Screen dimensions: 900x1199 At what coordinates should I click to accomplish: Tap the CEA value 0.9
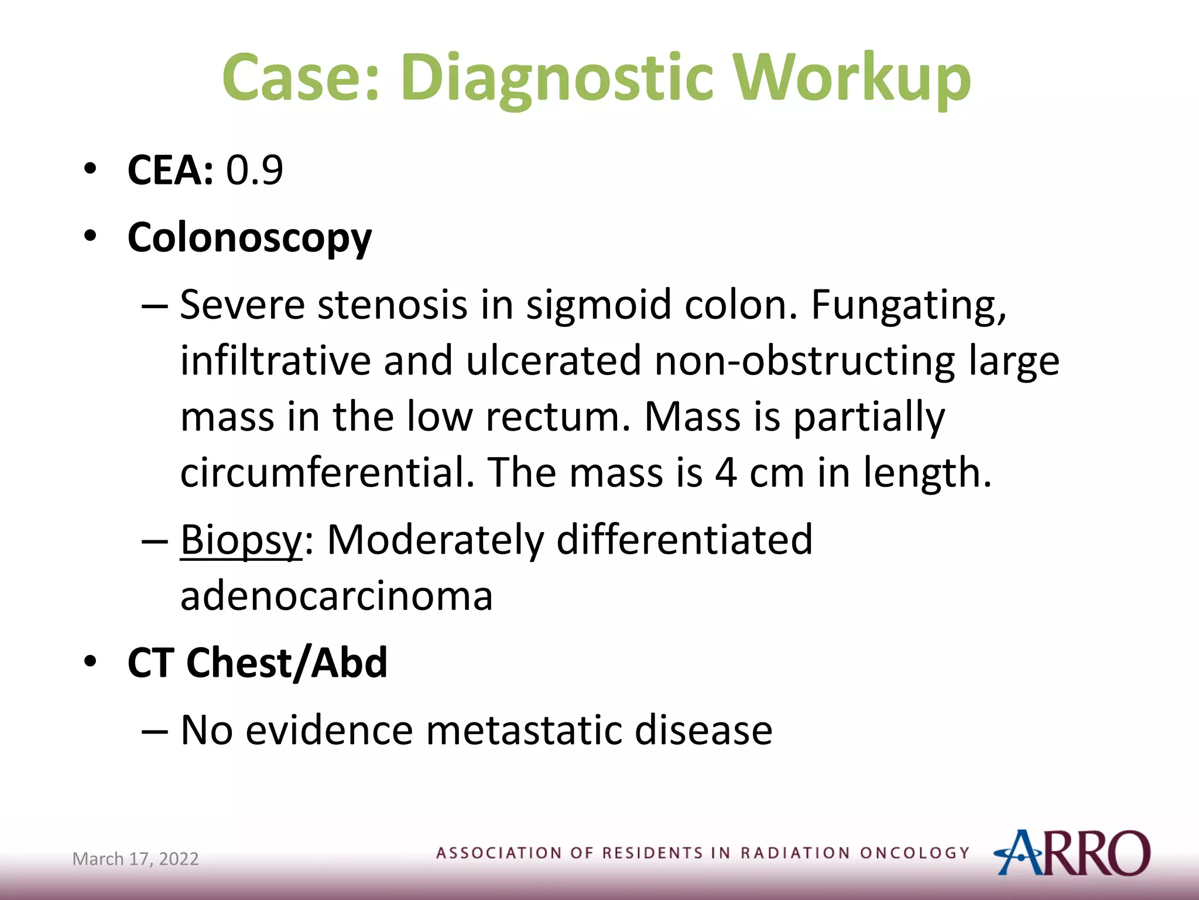pos(255,171)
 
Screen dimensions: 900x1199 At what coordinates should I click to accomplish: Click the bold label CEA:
pos(170,171)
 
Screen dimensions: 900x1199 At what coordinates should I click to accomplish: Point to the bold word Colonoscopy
pos(249,238)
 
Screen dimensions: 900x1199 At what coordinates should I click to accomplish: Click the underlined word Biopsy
pos(241,540)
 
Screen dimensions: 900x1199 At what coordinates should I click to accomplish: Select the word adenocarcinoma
pos(336,596)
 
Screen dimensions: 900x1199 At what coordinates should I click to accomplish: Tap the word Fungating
pos(908,306)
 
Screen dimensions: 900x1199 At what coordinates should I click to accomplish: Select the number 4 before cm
pos(726,473)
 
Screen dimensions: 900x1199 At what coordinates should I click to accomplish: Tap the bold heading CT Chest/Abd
pos(258,663)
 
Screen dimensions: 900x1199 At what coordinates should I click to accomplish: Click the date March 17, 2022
pos(135,859)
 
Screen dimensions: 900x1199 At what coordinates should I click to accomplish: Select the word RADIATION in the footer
pos(794,853)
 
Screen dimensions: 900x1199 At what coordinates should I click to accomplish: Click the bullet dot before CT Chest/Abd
pos(90,662)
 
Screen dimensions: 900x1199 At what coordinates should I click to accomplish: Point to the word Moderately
pos(435,540)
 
